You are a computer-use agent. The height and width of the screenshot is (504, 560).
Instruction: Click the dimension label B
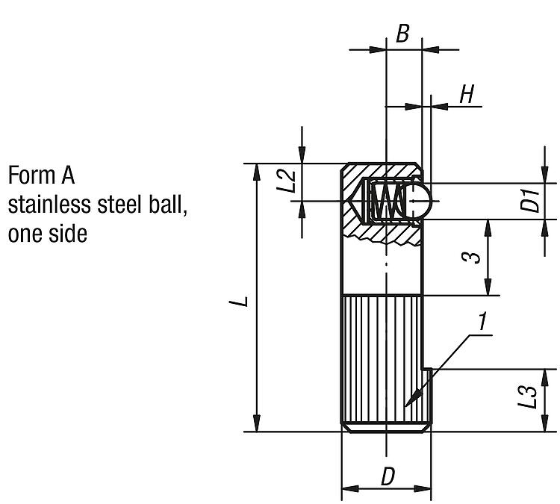(403, 34)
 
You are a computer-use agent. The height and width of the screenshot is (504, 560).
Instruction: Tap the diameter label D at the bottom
(387, 476)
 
